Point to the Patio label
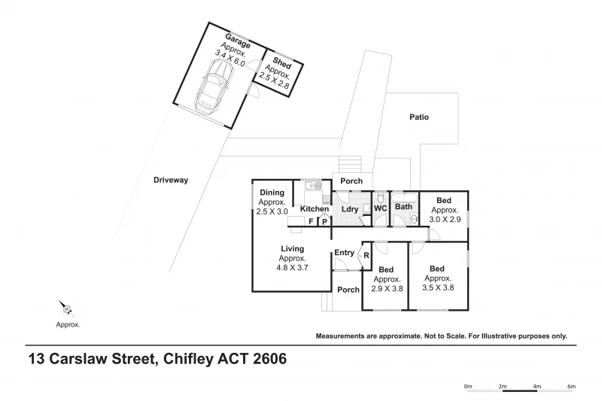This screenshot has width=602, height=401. coord(419,117)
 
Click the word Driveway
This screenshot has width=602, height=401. coord(171,180)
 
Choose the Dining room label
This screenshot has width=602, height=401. coord(272,193)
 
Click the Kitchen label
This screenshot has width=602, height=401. coord(315,208)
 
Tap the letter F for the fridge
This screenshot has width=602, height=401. coord(310,221)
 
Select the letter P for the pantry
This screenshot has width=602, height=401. coord(324,221)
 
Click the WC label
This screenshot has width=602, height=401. coord(380,207)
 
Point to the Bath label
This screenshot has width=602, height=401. coord(404,207)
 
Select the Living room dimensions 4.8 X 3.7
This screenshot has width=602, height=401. coord(292,267)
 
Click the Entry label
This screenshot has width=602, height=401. coord(344,253)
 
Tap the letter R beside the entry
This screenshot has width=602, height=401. coord(366,255)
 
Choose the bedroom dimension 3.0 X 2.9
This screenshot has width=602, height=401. coord(444,219)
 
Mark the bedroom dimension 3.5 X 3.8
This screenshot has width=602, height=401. coord(437,287)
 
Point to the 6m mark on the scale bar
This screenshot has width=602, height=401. coord(571,387)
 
